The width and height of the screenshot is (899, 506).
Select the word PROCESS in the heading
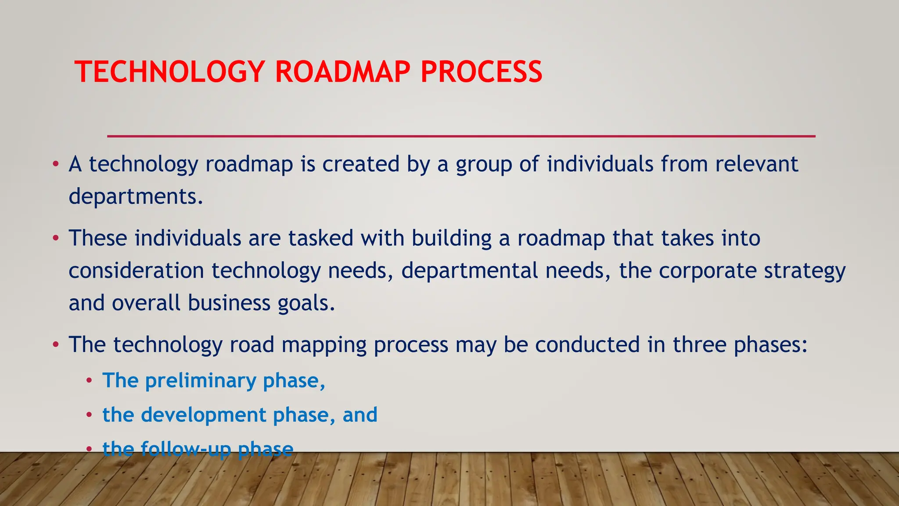tap(481, 72)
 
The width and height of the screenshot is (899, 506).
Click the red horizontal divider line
tap(461, 136)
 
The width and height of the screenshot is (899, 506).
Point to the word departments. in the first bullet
tap(136, 196)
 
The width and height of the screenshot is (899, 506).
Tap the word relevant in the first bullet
tap(756, 164)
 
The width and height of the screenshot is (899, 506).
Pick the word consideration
tap(136, 271)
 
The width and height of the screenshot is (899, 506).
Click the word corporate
tap(707, 271)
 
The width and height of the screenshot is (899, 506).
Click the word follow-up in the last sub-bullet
tap(186, 449)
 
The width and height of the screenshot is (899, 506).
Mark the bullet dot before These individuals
tap(55, 239)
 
